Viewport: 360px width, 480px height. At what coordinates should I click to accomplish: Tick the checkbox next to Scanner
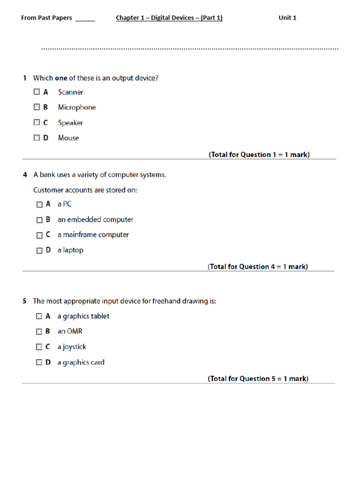37,92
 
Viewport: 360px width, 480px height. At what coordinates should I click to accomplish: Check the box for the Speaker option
37,122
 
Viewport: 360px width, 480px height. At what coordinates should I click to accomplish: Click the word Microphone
76,107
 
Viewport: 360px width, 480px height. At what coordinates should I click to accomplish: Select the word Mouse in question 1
68,138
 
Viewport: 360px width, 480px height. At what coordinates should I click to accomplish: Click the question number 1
25,78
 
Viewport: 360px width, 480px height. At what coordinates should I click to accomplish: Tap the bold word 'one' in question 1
61,78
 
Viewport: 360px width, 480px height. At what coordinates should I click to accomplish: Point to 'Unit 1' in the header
287,18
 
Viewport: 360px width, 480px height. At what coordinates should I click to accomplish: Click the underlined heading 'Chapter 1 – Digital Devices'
169,18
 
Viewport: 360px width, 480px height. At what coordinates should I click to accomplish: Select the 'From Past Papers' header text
46,18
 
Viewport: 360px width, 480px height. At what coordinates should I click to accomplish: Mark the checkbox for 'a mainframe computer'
39,235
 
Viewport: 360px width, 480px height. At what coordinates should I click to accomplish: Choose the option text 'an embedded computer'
95,219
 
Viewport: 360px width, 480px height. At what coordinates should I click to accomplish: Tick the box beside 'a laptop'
39,250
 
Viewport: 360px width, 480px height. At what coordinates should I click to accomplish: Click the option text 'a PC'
65,204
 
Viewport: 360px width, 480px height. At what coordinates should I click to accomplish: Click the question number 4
25,175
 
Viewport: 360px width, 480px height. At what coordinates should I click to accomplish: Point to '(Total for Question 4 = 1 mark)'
258,267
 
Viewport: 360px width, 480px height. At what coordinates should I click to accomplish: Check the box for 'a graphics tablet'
39,316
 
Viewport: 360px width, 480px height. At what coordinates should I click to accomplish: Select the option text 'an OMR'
70,331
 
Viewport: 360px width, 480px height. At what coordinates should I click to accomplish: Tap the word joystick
74,347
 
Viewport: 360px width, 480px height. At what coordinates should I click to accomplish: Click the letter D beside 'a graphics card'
48,362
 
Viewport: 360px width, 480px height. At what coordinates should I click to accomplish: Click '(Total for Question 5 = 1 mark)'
258,379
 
